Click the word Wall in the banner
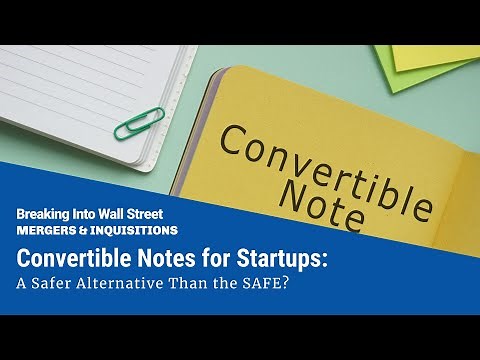tap(117, 213)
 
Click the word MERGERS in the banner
tap(44, 230)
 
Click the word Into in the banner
tap(88, 213)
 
